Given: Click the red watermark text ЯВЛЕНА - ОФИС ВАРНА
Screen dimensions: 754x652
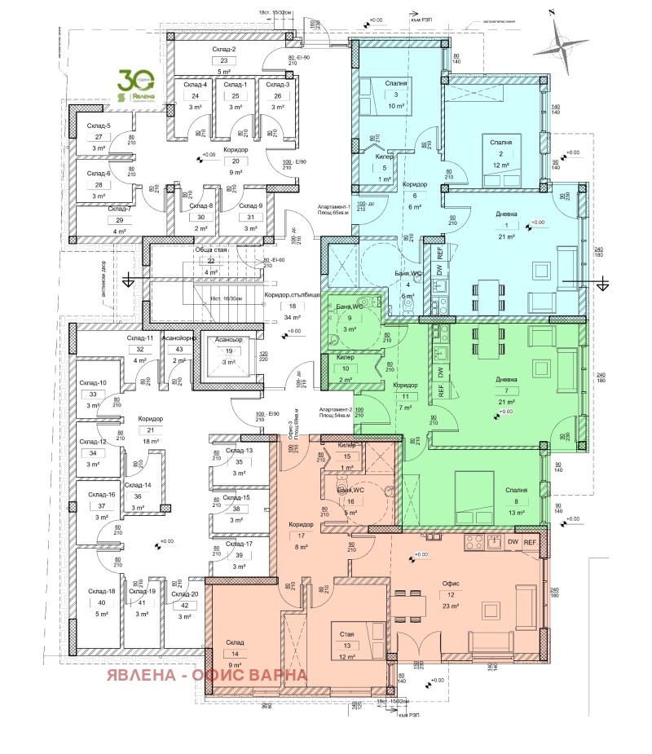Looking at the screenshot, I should coord(206,675).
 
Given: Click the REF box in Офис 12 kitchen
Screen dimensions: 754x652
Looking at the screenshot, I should coord(531,542).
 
